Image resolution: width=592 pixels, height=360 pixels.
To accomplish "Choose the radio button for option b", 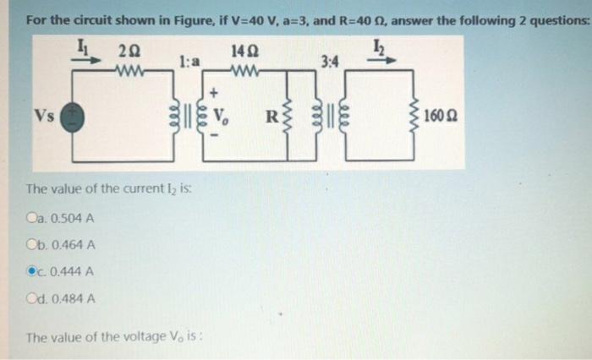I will click(x=32, y=246).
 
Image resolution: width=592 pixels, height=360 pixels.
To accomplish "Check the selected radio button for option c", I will click(x=32, y=271).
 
